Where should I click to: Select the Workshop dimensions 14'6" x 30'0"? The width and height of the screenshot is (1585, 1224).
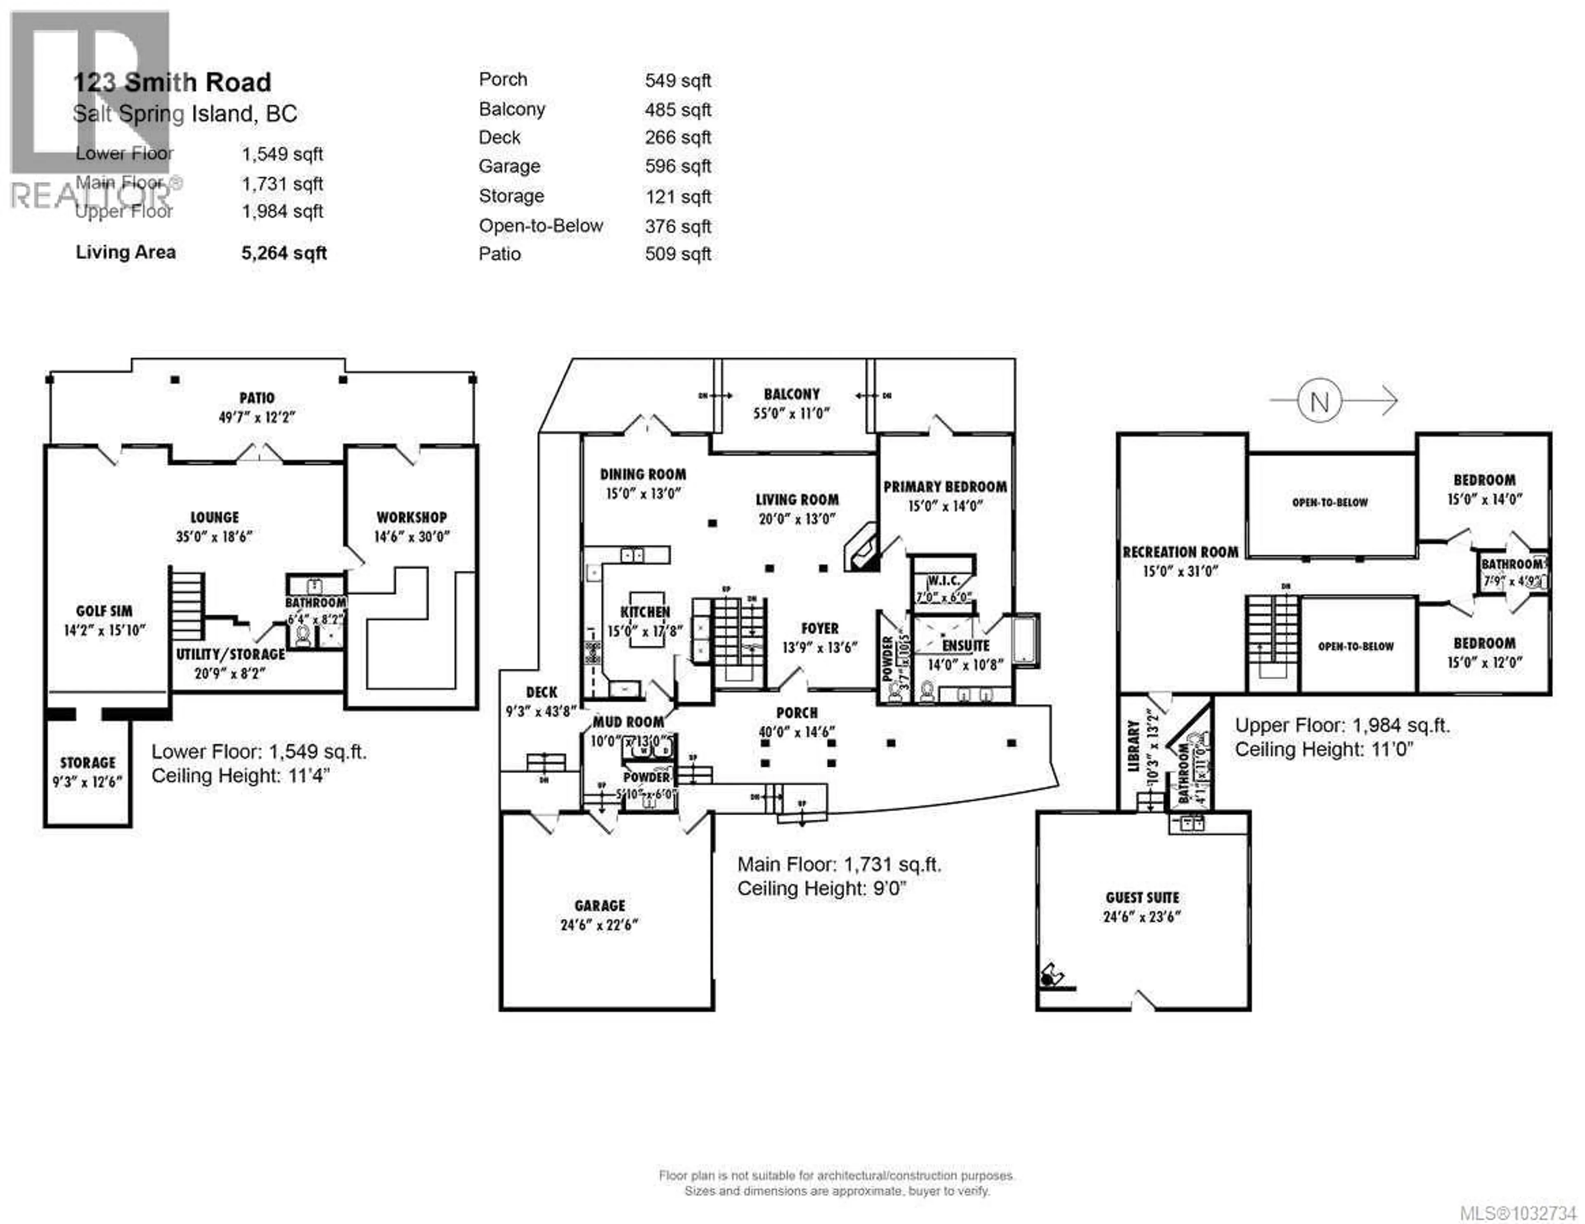pyautogui.click(x=412, y=537)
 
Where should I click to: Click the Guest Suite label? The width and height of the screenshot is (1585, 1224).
pyautogui.click(x=1142, y=898)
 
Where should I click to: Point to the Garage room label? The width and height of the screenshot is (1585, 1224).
pyautogui.click(x=599, y=906)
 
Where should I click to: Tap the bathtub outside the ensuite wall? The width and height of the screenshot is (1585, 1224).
pyautogui.click(x=1025, y=639)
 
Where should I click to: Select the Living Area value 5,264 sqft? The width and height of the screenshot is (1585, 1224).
pyautogui.click(x=284, y=253)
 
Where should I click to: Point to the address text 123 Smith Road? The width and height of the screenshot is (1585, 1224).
pyautogui.click(x=172, y=83)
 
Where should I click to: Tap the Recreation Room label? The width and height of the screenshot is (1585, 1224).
pyautogui.click(x=1180, y=552)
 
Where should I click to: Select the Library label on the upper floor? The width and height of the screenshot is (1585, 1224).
pyautogui.click(x=1133, y=746)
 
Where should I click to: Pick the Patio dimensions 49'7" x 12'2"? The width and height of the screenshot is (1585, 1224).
pyautogui.click(x=257, y=417)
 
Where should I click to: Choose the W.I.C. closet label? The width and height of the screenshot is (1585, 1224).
pyautogui.click(x=944, y=581)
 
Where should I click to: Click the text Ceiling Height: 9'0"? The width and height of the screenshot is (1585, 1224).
pyautogui.click(x=821, y=889)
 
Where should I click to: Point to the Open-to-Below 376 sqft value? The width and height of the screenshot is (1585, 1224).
pyautogui.click(x=678, y=226)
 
